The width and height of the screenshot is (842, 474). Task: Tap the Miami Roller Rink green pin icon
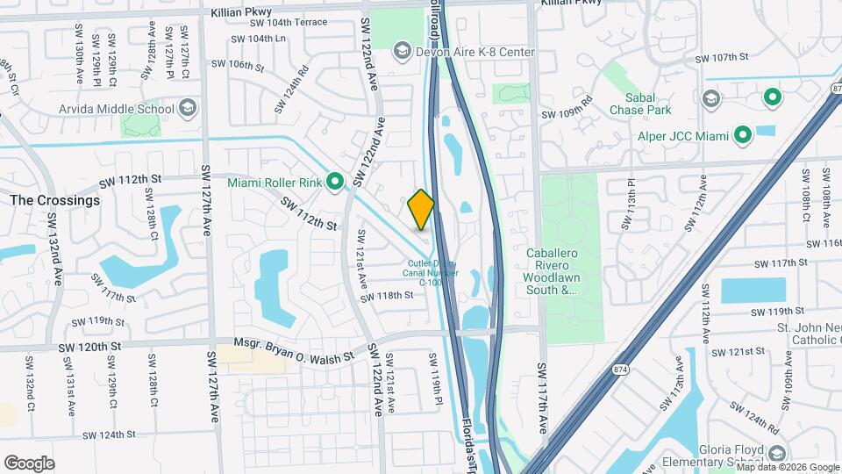point(334,183)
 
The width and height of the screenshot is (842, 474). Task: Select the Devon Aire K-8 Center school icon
point(402,52)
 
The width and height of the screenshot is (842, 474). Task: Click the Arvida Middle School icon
point(187,109)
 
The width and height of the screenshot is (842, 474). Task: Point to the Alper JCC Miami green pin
point(742,135)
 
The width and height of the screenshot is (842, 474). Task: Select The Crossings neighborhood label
point(54,200)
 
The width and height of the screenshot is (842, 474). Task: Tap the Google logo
point(29,463)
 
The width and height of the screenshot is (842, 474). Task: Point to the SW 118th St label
point(386,295)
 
